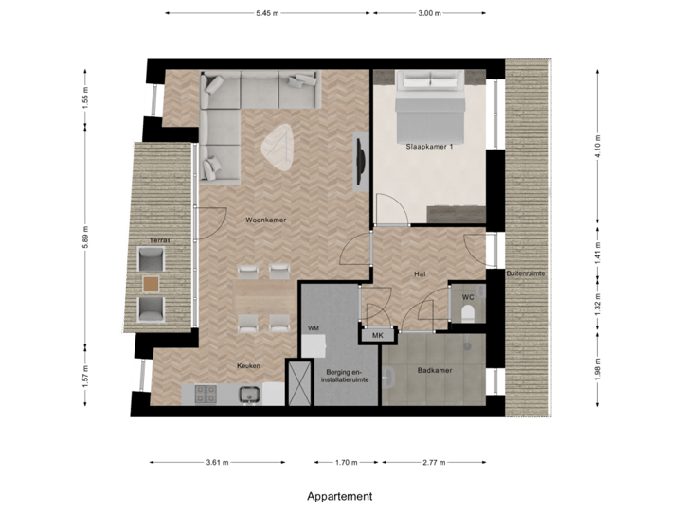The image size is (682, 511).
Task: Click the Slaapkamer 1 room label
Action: pyautogui.click(x=429, y=147)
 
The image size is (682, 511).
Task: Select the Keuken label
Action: pyautogui.click(x=248, y=365)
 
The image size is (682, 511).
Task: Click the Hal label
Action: pyautogui.click(x=421, y=273)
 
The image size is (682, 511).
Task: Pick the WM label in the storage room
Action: pyautogui.click(x=314, y=327)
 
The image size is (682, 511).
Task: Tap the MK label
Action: pyautogui.click(x=376, y=335)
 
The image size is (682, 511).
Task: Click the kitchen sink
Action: pyautogui.click(x=250, y=394)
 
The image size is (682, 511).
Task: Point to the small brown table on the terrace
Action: pyautogui.click(x=151, y=282)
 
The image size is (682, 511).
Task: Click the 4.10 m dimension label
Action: pyautogui.click(x=597, y=145)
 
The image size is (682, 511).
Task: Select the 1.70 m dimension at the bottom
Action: pyautogui.click(x=348, y=463)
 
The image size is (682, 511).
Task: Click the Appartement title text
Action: pyautogui.click(x=340, y=496)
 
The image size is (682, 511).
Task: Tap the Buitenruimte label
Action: pyautogui.click(x=526, y=273)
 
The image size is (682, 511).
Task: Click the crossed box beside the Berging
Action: pyautogui.click(x=299, y=383)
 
